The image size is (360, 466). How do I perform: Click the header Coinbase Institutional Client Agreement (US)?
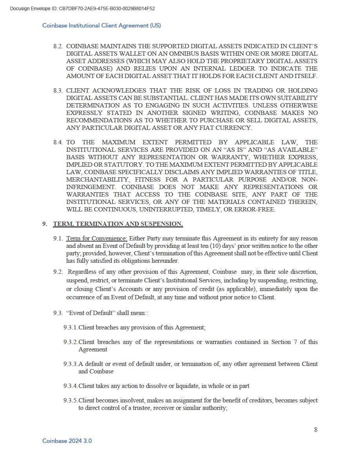pos(102,25)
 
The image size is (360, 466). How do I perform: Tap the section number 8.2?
pos(58,46)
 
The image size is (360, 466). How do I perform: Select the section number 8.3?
pos(58,90)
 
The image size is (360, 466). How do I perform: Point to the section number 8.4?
pos(58,142)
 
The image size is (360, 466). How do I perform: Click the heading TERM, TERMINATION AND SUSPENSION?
pos(118,224)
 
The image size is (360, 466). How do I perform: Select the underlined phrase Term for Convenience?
pos(96,238)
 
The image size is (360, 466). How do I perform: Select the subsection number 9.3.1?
pos(71,327)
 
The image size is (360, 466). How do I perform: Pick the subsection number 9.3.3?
pos(71,364)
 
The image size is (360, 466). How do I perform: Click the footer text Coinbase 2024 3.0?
pos(67,441)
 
